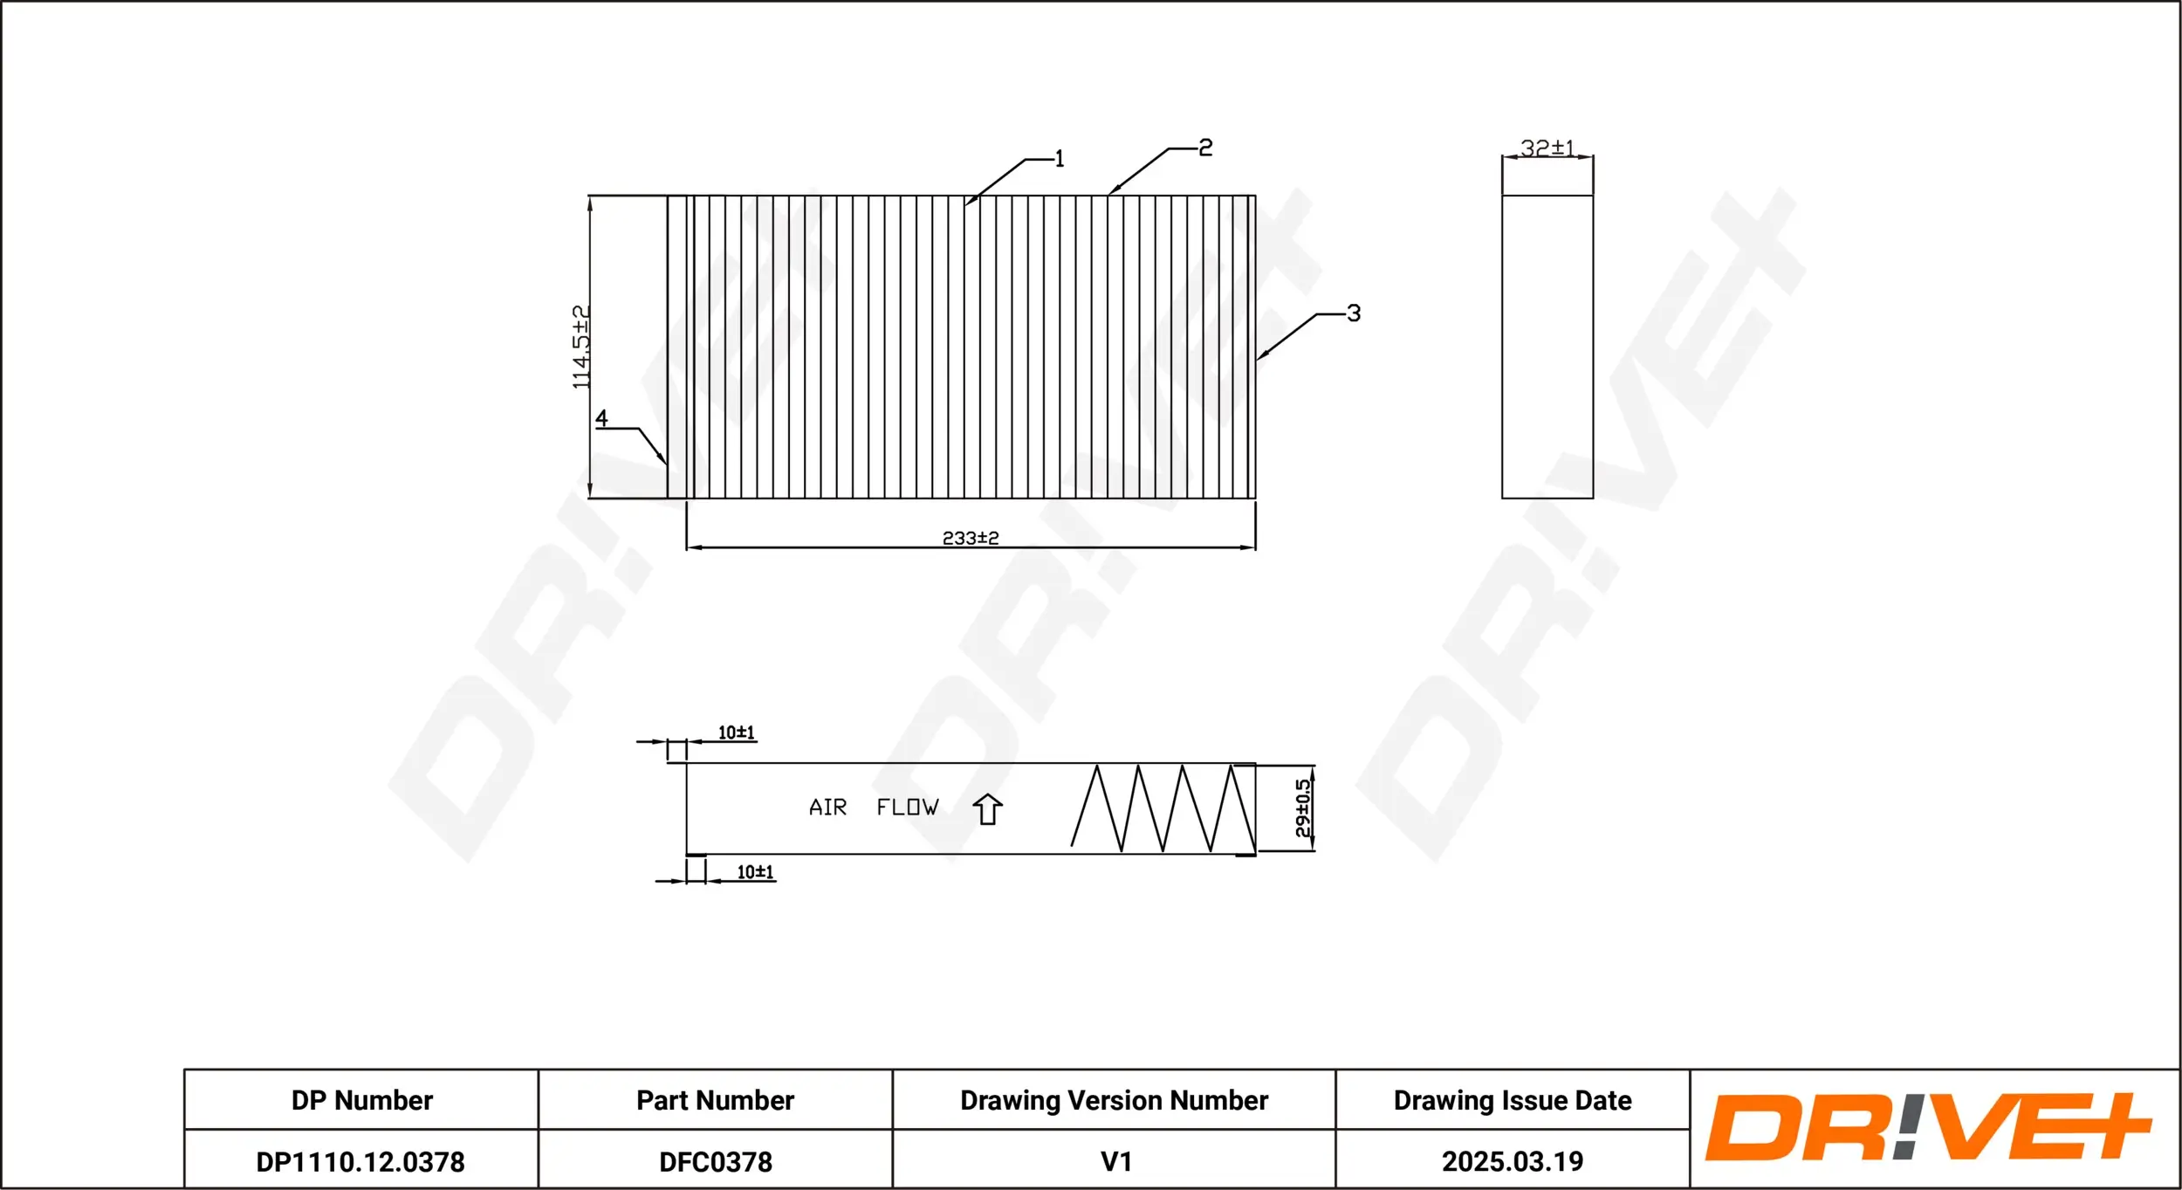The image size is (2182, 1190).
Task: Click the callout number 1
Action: click(1060, 159)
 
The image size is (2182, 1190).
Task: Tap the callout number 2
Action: click(1205, 148)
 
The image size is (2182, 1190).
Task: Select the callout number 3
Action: click(1354, 313)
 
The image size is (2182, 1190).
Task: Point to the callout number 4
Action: click(601, 418)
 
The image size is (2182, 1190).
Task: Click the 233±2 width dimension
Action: click(971, 538)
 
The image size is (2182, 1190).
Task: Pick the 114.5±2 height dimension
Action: click(581, 347)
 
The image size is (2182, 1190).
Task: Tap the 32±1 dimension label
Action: click(1547, 148)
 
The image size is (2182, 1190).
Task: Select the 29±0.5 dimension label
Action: click(1302, 808)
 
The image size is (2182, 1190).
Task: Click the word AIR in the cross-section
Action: click(827, 808)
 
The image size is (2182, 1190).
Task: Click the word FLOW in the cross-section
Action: click(908, 808)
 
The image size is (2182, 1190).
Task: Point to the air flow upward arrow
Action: click(987, 808)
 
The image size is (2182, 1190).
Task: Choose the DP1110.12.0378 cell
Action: click(360, 1161)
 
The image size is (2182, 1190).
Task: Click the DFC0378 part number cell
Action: click(716, 1161)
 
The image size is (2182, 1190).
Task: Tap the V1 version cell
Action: click(1115, 1161)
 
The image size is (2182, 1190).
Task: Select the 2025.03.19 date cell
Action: click(1513, 1161)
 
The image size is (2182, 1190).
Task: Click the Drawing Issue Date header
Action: click(1513, 1100)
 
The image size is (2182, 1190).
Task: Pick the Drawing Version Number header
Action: click(1114, 1100)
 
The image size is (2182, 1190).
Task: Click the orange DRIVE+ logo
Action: click(1929, 1127)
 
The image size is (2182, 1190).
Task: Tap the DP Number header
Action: click(361, 1100)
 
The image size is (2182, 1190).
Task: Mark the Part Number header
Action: click(715, 1100)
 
